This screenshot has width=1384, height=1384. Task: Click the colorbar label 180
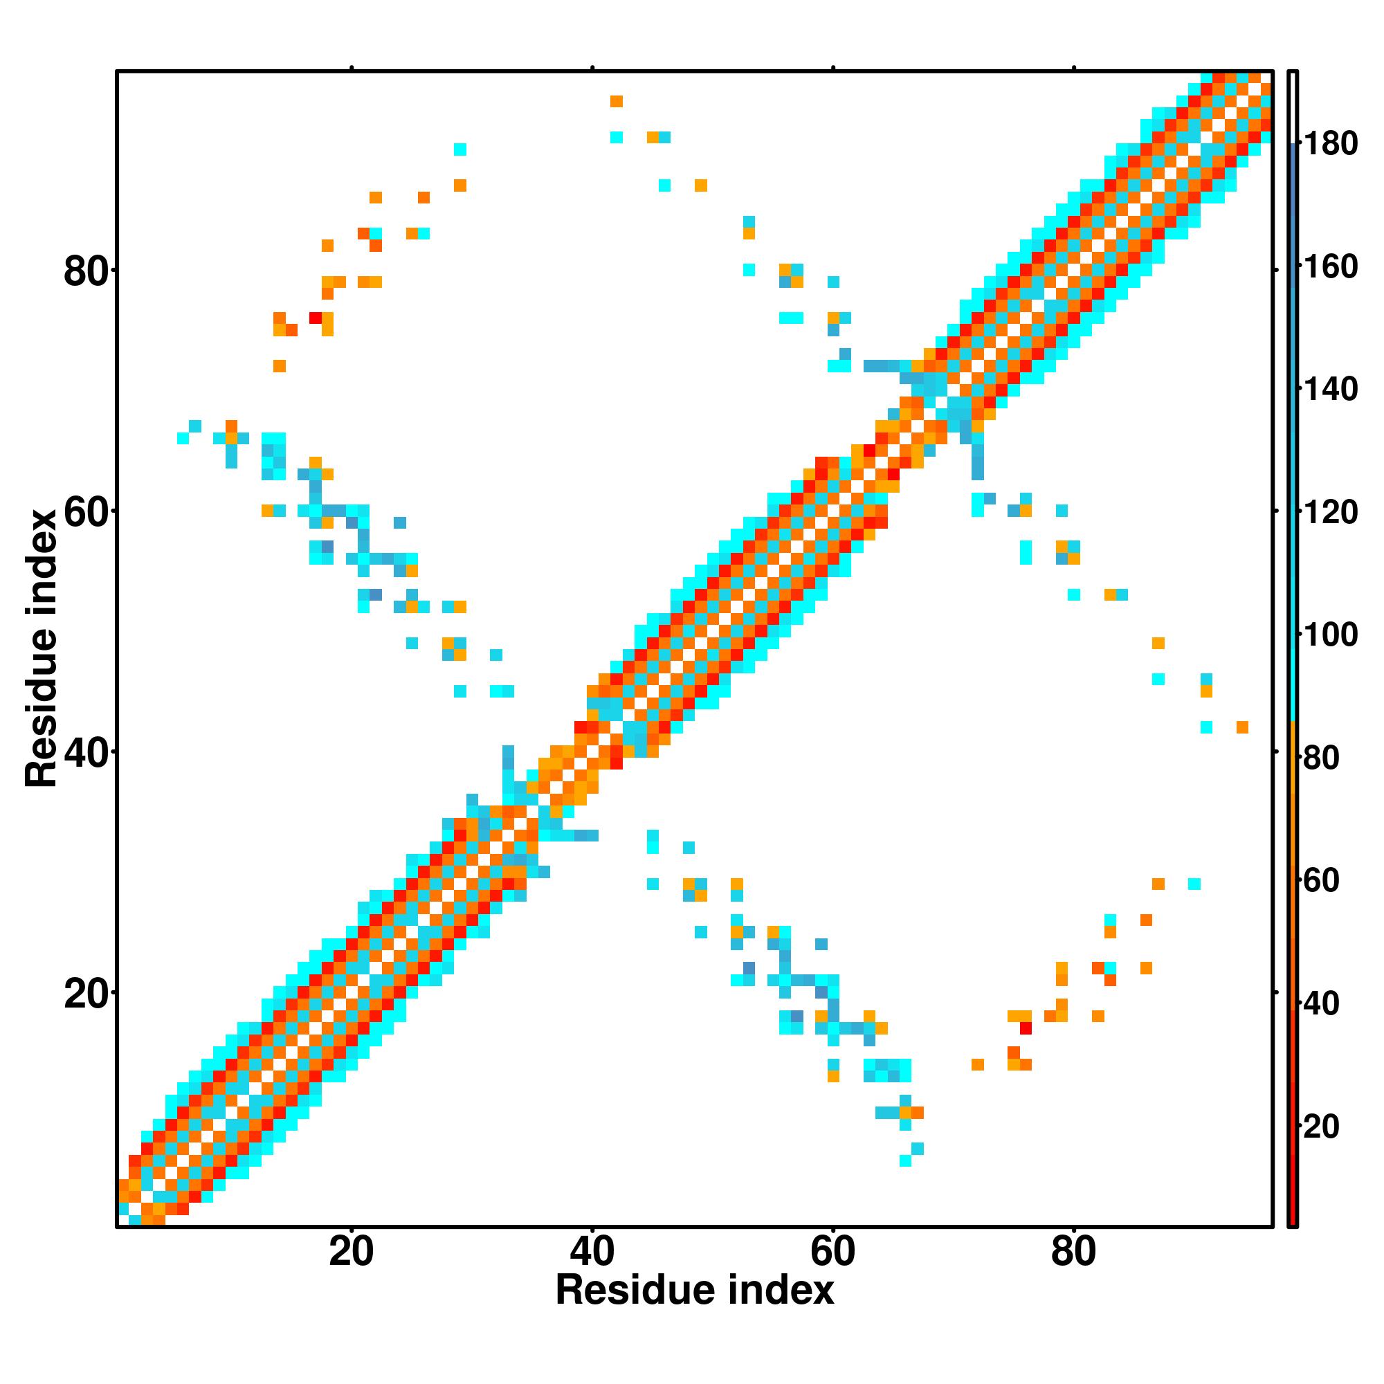(x=1330, y=144)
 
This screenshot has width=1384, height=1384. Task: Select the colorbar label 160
(x=1330, y=267)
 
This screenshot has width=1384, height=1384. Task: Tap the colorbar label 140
(x=1330, y=390)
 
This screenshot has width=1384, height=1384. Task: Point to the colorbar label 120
(x=1330, y=513)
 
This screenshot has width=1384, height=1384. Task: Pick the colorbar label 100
(x=1330, y=635)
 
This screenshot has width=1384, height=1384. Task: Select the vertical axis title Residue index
(x=41, y=648)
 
